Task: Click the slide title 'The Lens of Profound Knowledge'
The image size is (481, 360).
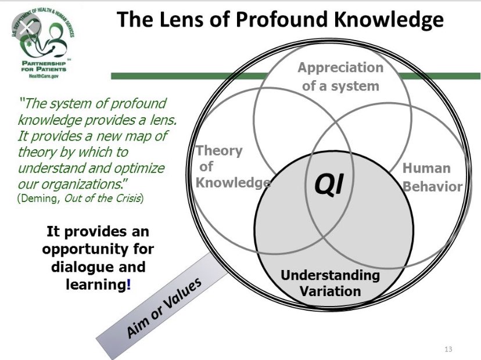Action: pyautogui.click(x=280, y=20)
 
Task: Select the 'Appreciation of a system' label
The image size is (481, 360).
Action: pyautogui.click(x=340, y=77)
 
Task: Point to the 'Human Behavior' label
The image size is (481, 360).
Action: pyautogui.click(x=432, y=177)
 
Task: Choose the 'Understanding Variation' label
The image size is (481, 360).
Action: pyautogui.click(x=330, y=282)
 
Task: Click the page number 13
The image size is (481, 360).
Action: pyautogui.click(x=447, y=349)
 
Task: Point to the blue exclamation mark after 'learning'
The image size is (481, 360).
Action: pyautogui.click(x=128, y=286)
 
